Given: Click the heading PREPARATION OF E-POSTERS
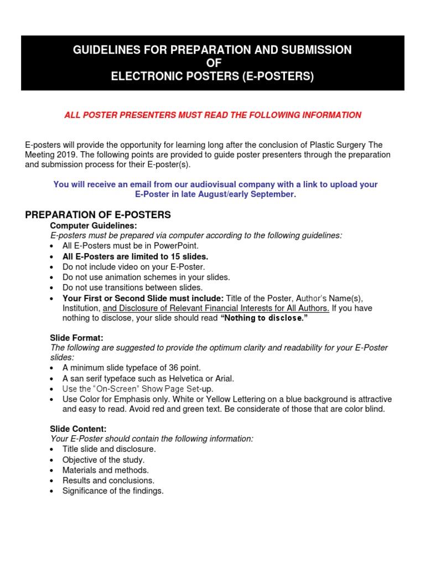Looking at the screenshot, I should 98,215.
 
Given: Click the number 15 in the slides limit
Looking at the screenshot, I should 178,256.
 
